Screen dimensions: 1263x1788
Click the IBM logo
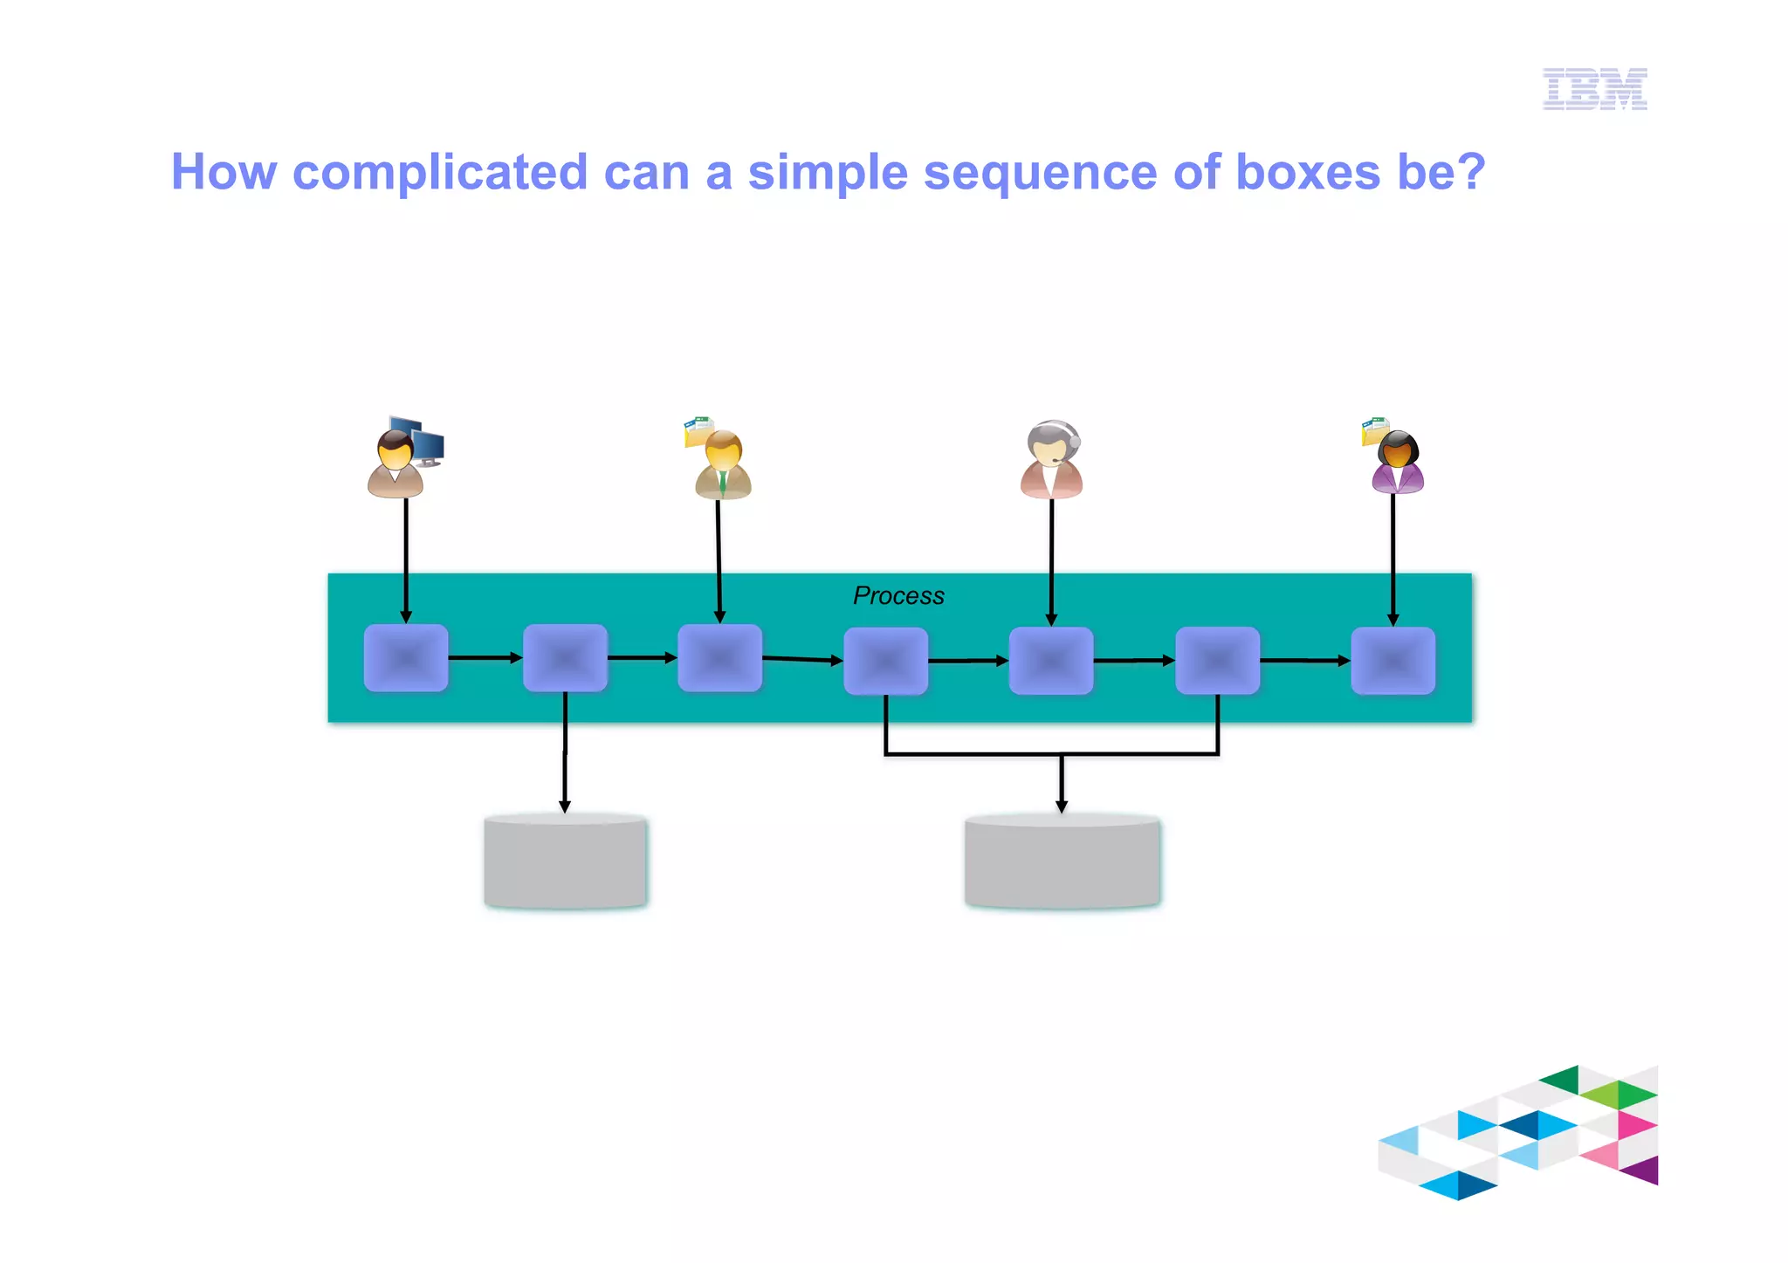point(1594,88)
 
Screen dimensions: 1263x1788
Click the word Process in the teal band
point(898,596)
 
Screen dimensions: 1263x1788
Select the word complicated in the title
point(440,172)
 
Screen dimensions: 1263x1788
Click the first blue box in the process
point(406,658)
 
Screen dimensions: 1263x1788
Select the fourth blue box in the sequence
point(885,662)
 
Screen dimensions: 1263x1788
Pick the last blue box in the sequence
point(1393,662)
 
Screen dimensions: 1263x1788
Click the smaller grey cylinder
point(566,861)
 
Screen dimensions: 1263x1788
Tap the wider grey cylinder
point(1062,861)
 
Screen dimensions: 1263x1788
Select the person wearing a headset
point(1051,461)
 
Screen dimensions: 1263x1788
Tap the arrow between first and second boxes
point(485,657)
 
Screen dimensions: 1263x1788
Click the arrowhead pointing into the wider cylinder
point(1062,806)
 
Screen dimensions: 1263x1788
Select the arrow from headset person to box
point(1051,559)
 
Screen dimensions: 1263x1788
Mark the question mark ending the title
point(1470,172)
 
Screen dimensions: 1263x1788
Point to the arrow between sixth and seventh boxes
point(1304,661)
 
